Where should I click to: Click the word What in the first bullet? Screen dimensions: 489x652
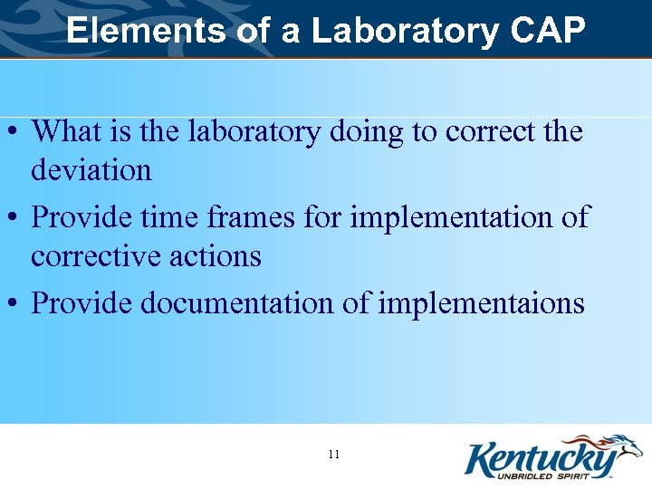click(65, 132)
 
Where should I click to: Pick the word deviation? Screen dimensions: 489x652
click(91, 170)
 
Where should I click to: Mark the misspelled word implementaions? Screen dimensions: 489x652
click(481, 303)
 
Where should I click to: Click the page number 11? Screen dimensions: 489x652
click(334, 454)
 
